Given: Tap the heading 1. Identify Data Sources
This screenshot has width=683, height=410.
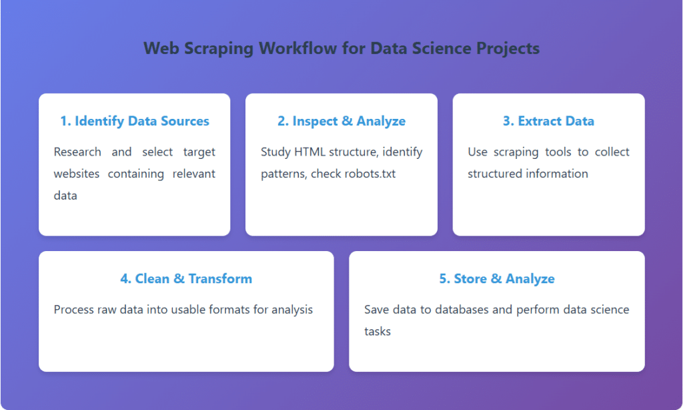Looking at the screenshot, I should (x=134, y=121).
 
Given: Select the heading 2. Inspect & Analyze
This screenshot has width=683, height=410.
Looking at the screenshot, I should (x=341, y=121).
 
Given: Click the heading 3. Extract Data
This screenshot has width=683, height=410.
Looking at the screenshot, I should (x=548, y=121).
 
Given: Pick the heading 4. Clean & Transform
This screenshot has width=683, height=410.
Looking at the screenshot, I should (x=186, y=278).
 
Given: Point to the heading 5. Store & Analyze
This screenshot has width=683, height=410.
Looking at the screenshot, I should (x=496, y=278).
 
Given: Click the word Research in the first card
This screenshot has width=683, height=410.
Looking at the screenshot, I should (x=77, y=152).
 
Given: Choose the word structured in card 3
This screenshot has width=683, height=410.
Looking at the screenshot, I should (x=496, y=174).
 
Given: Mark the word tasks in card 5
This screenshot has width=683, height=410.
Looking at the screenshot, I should (x=377, y=331).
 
